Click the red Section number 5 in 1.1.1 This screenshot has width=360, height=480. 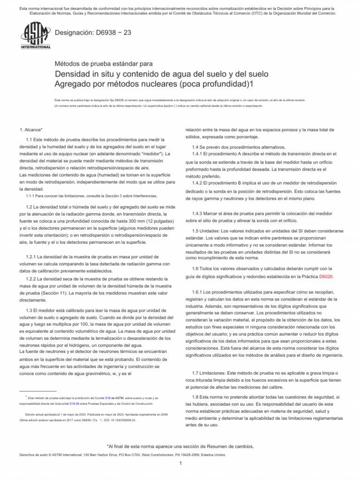coord(121,195)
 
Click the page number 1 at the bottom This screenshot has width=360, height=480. coord(180,463)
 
